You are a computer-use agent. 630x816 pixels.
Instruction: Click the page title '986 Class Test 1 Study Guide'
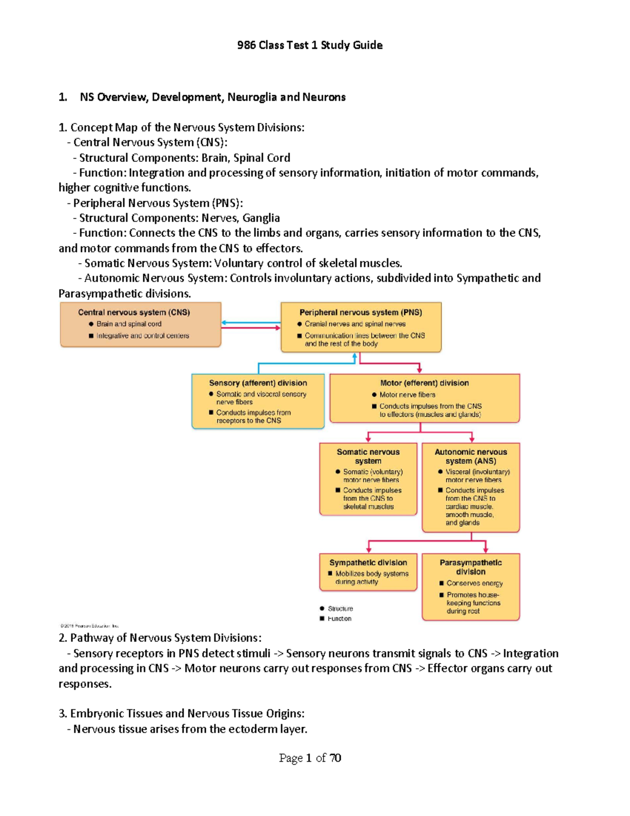pyautogui.click(x=310, y=45)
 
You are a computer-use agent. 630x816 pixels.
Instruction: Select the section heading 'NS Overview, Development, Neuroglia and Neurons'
pyautogui.click(x=213, y=97)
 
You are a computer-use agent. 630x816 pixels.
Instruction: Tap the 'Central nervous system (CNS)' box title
pyautogui.click(x=134, y=312)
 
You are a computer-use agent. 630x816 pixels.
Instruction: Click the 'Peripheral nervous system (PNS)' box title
pyautogui.click(x=361, y=312)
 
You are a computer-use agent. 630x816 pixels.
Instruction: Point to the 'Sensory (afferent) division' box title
pyautogui.click(x=258, y=383)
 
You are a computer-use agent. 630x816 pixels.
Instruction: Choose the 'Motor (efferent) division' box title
pyautogui.click(x=424, y=383)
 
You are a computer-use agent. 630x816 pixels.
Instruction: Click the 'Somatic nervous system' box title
pyautogui.click(x=368, y=456)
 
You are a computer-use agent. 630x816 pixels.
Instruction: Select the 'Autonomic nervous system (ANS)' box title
pyautogui.click(x=470, y=456)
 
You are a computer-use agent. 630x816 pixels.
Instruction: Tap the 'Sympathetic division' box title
pyautogui.click(x=368, y=562)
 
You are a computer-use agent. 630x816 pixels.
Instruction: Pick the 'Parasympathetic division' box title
pyautogui.click(x=470, y=567)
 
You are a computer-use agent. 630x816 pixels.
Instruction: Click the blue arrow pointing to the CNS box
pyautogui.click(x=225, y=323)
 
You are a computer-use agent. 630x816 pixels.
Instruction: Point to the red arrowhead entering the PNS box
pyautogui.click(x=278, y=328)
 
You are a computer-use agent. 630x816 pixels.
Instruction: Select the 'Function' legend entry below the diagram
pyautogui.click(x=339, y=618)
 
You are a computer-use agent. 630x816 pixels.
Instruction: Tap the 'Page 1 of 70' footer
pyautogui.click(x=310, y=758)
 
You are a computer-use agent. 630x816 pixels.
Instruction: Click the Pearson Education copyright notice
pyautogui.click(x=89, y=626)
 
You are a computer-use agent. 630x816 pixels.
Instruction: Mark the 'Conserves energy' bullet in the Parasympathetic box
pyautogui.click(x=474, y=583)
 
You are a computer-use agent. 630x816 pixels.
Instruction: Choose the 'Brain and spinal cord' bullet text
pyautogui.click(x=129, y=324)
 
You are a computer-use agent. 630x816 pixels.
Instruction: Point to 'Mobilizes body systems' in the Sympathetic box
pyautogui.click(x=372, y=574)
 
